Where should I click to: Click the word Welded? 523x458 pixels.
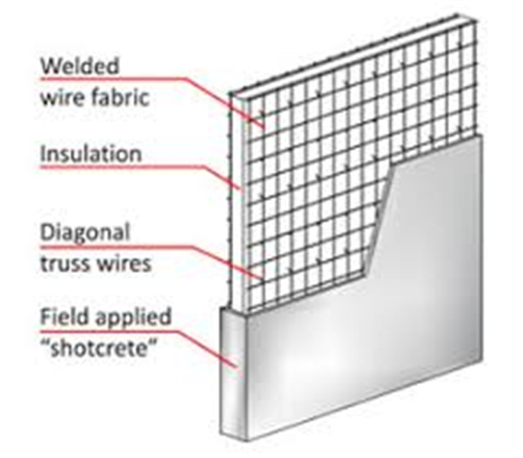point(80,68)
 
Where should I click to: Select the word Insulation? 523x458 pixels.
point(91,153)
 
